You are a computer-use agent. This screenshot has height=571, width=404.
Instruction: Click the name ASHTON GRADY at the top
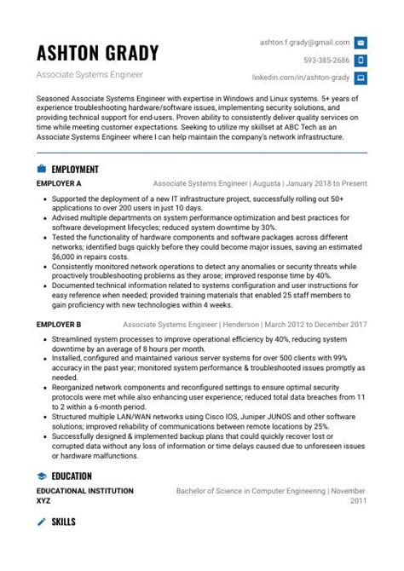(x=97, y=53)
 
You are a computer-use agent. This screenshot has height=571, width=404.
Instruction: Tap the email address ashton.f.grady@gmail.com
(x=305, y=42)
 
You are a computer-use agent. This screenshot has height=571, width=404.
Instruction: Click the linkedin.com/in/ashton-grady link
(x=301, y=78)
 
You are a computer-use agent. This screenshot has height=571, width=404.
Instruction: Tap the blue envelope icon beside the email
(x=361, y=42)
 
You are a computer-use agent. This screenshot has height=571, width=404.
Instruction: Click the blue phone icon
(x=361, y=60)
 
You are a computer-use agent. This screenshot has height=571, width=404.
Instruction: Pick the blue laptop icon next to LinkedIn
(x=361, y=78)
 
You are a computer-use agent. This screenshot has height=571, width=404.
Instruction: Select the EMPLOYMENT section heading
(x=75, y=169)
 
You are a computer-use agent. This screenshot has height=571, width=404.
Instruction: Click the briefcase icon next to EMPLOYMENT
(x=41, y=169)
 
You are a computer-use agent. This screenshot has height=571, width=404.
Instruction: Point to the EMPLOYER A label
(x=59, y=183)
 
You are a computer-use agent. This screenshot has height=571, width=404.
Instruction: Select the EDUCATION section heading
(x=72, y=476)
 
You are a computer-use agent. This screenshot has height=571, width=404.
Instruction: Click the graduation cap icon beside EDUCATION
(x=41, y=476)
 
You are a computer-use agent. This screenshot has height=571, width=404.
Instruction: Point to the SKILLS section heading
(x=63, y=521)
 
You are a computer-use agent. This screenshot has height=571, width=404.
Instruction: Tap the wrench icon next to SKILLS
(x=41, y=521)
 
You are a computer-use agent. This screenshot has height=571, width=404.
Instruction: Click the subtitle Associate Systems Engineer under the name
(x=89, y=75)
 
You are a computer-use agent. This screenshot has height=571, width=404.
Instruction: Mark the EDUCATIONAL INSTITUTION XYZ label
(x=84, y=496)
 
